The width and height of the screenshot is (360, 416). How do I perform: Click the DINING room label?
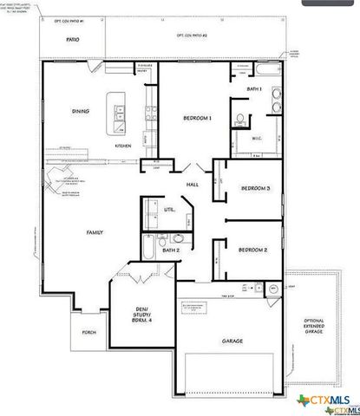tap(80, 111)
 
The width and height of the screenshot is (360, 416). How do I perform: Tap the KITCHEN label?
tap(124, 146)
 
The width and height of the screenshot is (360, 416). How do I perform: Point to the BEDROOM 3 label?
tap(254, 188)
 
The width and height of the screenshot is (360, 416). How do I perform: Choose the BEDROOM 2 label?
tap(252, 250)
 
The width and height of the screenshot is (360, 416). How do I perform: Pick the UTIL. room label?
tap(169, 210)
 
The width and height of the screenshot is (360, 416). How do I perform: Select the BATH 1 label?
tap(253, 88)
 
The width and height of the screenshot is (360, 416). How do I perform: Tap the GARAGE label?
tap(232, 341)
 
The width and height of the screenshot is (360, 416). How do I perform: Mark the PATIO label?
tap(72, 40)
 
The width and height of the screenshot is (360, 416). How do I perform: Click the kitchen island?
tap(113, 113)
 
